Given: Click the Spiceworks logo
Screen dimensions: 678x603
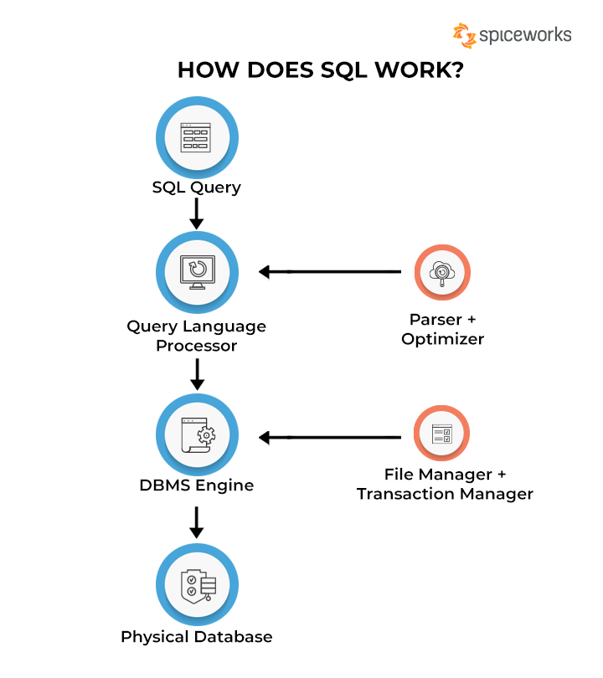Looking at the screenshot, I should pos(512,35).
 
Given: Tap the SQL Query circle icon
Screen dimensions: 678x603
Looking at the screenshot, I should pos(197,136).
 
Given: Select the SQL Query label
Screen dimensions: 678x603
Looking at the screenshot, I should pos(197,187).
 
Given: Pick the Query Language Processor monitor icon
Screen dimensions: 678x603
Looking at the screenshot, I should pos(197,271).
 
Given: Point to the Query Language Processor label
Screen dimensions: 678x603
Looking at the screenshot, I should pos(197,335).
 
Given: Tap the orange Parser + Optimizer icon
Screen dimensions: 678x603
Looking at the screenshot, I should pos(442,272).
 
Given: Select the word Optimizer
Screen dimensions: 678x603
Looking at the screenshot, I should pos(442,339).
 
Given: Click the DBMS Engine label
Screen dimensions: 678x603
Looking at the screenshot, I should pos(197,485).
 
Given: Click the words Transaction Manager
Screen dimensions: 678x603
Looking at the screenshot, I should pos(445,494).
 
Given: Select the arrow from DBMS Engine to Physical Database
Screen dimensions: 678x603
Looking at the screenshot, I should pos(197,521).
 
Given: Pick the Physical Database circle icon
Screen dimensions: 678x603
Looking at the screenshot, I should pos(197,583).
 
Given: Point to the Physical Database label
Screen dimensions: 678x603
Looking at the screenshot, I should pos(197,637).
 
